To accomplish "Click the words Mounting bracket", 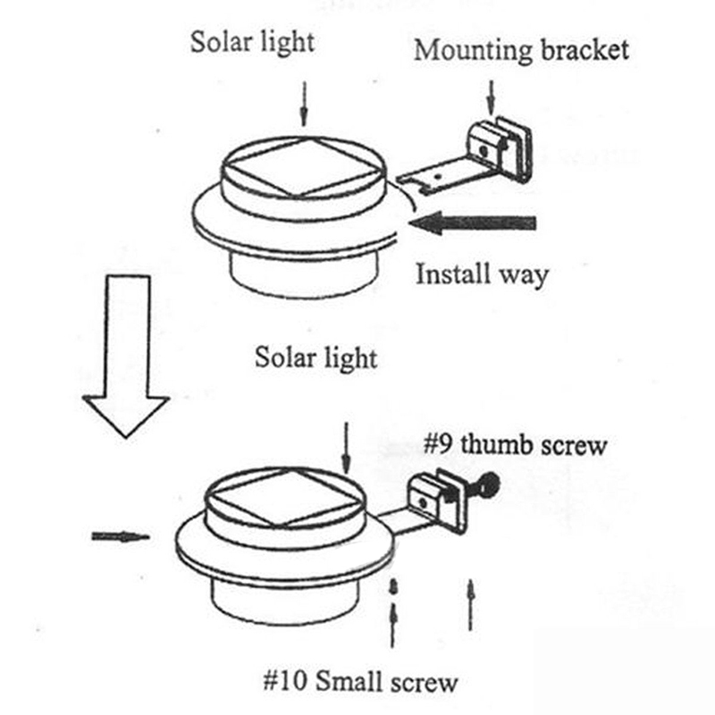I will (x=521, y=49).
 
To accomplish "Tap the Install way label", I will (x=481, y=273).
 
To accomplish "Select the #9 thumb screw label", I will (x=513, y=444).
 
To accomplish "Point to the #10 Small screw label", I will (x=360, y=684).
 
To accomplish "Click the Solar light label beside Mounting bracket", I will (x=252, y=41).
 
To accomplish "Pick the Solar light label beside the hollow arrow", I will (x=315, y=357).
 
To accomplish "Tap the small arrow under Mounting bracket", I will (x=490, y=93).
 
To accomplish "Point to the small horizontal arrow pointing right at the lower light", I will (x=120, y=536).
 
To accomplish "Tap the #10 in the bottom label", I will (x=283, y=684).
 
